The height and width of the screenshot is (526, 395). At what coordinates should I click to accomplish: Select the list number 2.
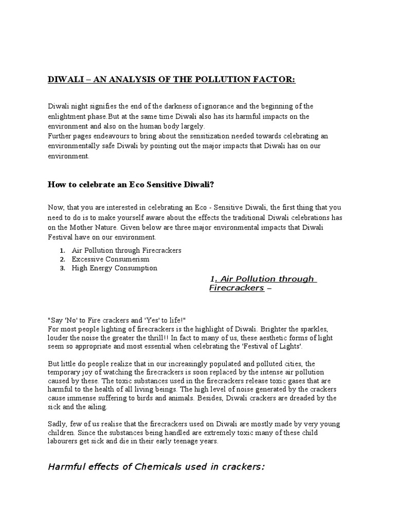coord(62,259)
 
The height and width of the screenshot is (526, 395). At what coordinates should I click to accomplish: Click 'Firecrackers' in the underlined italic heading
coord(236,288)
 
